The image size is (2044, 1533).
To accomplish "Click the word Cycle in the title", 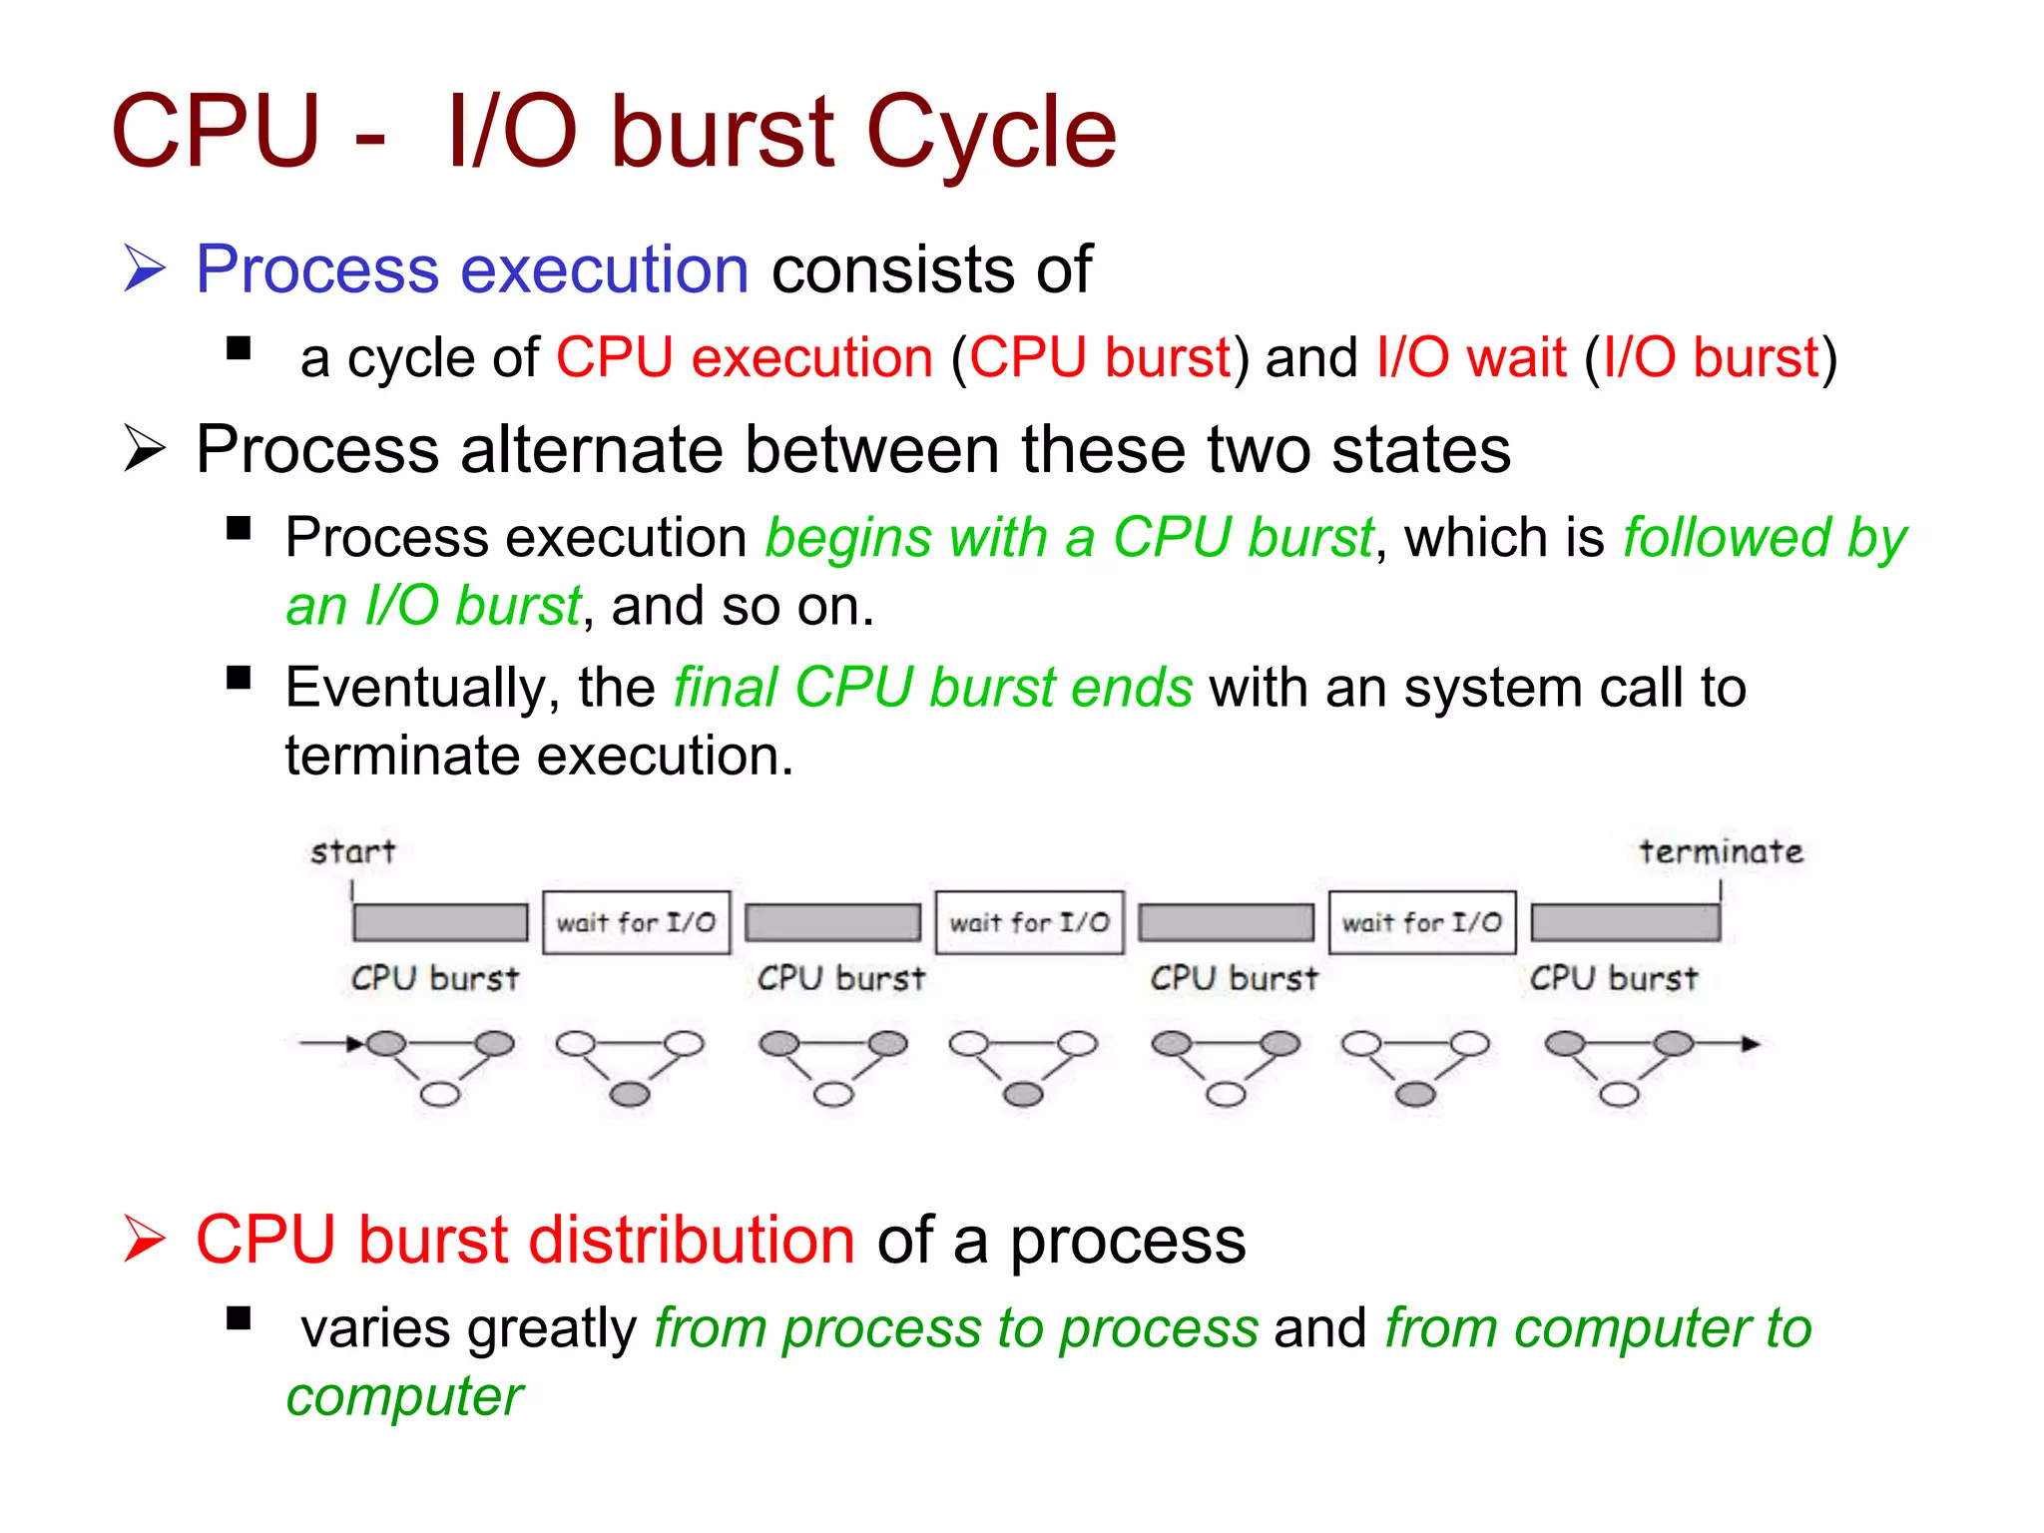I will pos(990,133).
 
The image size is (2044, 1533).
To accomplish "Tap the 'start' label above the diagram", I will pos(352,851).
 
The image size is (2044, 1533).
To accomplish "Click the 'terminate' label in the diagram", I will pos(1721,851).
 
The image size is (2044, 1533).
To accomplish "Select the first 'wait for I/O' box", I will pos(636,922).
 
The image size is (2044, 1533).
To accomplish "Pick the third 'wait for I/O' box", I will pos(1421,922).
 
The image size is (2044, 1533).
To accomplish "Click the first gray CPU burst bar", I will pos(440,922).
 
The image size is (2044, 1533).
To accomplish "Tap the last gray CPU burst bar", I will pos(1625,922).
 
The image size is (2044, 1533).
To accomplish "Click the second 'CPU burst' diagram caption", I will pos(840,978).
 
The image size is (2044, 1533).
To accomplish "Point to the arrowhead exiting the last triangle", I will pos(1750,1044).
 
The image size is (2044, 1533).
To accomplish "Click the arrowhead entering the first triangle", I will pos(355,1044).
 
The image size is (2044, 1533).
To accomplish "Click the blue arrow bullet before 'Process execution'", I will pos(145,269).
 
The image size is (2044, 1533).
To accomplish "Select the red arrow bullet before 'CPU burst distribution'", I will pos(145,1239).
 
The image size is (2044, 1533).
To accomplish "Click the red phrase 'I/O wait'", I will pos(1471,357).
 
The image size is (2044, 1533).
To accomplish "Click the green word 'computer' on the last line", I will pos(404,1395).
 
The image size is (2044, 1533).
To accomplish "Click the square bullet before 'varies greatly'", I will pos(239,1319).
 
